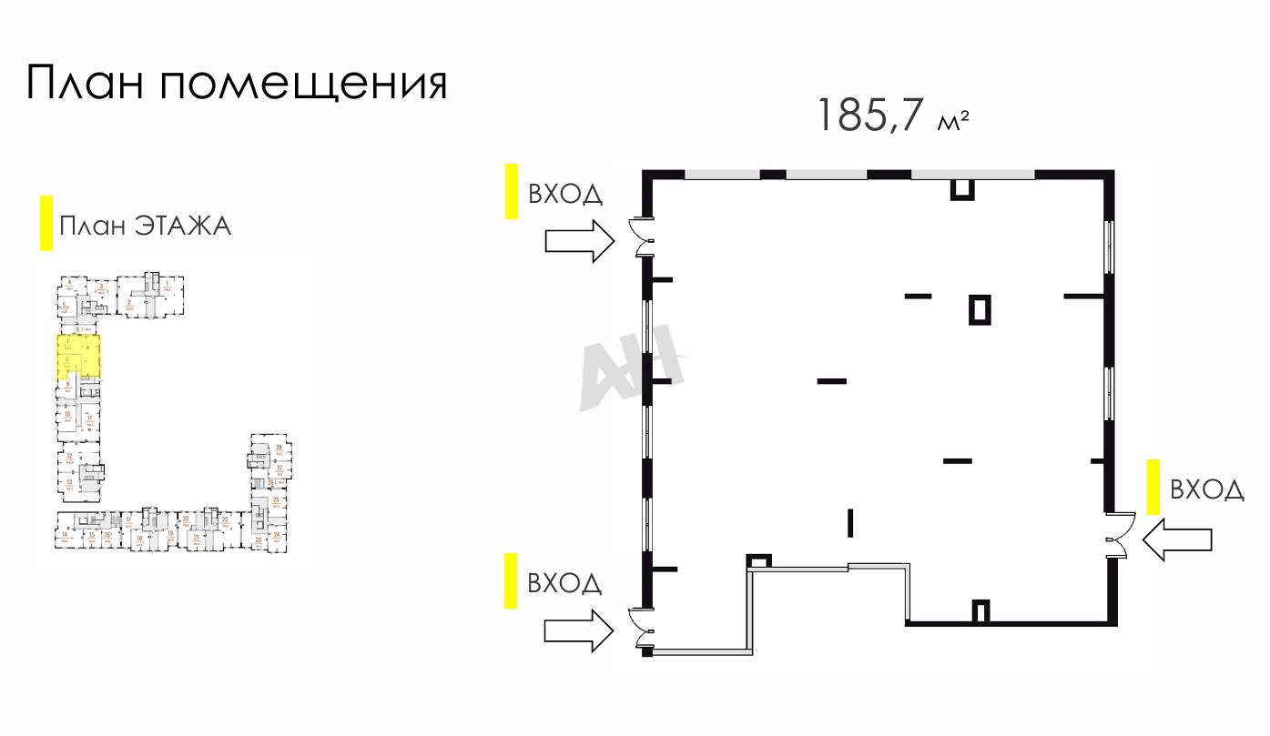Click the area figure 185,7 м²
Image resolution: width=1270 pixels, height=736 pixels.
click(891, 116)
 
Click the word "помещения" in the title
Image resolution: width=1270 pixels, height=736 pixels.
click(304, 83)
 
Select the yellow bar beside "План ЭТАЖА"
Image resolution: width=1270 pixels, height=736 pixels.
click(46, 224)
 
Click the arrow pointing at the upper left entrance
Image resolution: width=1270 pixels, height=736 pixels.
click(579, 240)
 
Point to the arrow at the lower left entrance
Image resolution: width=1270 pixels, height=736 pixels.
click(579, 630)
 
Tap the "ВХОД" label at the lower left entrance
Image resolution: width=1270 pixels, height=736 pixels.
click(565, 582)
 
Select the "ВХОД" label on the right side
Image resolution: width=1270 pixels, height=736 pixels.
click(1206, 489)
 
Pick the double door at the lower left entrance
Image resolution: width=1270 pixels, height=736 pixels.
click(644, 627)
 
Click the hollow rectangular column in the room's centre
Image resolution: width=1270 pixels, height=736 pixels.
click(980, 309)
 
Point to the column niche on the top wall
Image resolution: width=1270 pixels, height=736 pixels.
click(962, 188)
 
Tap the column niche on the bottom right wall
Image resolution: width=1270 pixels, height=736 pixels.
click(981, 611)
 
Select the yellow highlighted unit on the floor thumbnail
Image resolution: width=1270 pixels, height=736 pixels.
click(78, 356)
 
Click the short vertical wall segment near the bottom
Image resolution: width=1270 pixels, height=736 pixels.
click(849, 521)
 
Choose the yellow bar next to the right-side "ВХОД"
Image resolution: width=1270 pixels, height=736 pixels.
click(1153, 487)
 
